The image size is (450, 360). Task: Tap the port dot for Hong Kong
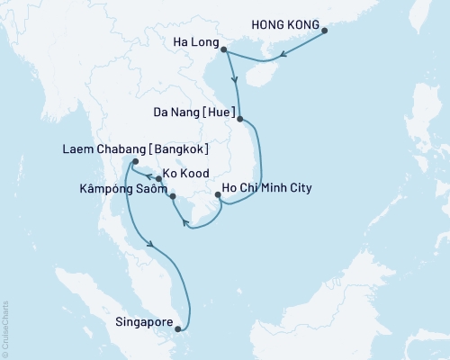pos(325,32)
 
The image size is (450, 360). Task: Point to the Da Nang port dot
pos(239,115)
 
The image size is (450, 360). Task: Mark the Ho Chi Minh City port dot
pos(219,194)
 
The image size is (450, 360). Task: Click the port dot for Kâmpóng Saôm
pos(172,194)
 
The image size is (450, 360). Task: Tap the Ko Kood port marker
pos(158,179)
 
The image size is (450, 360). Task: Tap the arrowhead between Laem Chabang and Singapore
pos(150,243)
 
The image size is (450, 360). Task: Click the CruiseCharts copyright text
pos(5,324)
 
